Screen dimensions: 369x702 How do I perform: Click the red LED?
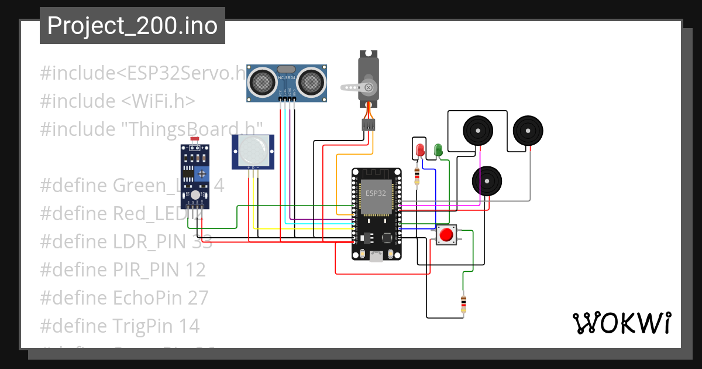[419, 150]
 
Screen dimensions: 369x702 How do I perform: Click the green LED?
[438, 149]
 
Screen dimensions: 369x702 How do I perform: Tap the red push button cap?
[446, 235]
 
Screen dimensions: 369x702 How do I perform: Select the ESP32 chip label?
[376, 193]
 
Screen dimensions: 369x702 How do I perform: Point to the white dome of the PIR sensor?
[252, 151]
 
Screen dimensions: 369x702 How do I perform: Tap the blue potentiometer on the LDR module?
[202, 173]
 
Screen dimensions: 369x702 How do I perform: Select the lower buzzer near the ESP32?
[487, 181]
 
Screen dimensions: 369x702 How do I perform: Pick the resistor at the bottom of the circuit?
[463, 304]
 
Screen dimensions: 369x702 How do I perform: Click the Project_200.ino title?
[132, 26]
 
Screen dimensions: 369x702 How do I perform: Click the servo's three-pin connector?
[368, 125]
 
